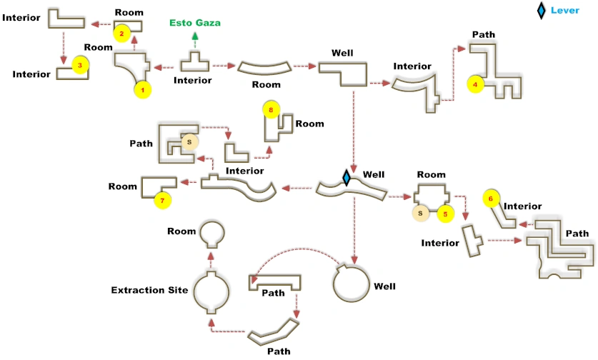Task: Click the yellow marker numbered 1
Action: pyautogui.click(x=143, y=90)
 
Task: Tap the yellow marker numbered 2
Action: pyautogui.click(x=122, y=33)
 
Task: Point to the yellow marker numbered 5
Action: pyautogui.click(x=445, y=213)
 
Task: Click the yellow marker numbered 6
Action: pyautogui.click(x=490, y=198)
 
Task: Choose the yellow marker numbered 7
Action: pyautogui.click(x=162, y=201)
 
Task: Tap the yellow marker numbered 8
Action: pyautogui.click(x=271, y=110)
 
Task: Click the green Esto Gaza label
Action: pyautogui.click(x=195, y=23)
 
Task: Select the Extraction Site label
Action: pyautogui.click(x=149, y=290)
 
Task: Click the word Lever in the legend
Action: pyautogui.click(x=565, y=11)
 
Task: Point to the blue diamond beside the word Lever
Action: pyautogui.click(x=542, y=10)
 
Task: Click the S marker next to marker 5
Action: pyautogui.click(x=421, y=213)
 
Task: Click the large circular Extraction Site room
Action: pyautogui.click(x=211, y=291)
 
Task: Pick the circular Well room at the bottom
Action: pyautogui.click(x=353, y=284)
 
